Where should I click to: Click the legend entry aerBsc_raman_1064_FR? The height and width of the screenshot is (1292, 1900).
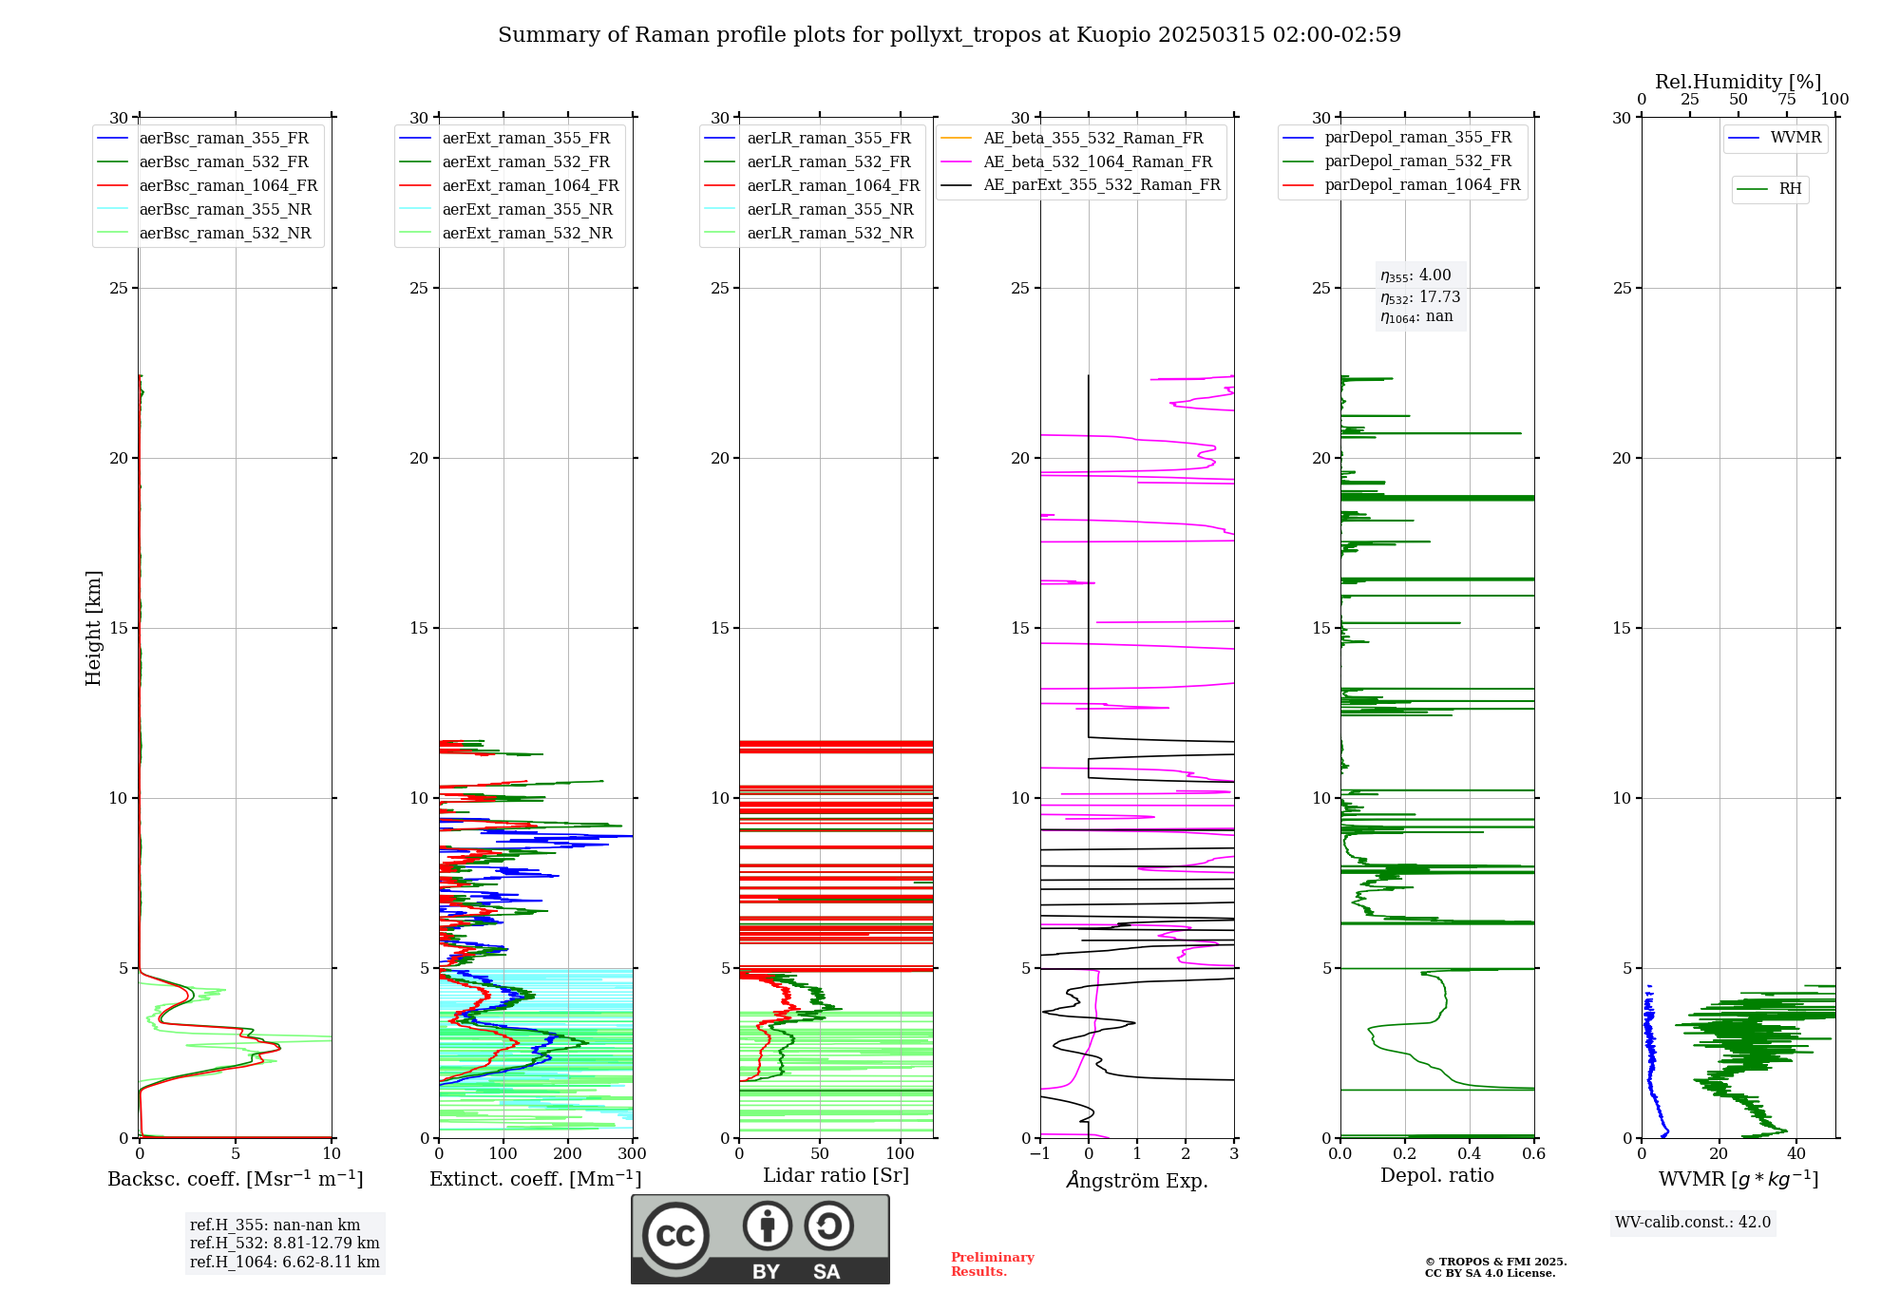point(228,186)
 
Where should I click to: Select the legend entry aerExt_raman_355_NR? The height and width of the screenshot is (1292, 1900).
point(527,210)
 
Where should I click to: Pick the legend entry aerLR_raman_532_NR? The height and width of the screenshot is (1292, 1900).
point(829,234)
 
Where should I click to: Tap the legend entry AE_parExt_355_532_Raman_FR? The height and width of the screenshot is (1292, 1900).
point(1101,185)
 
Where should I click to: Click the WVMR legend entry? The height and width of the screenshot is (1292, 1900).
point(1795,139)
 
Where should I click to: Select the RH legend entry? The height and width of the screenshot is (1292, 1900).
point(1790,189)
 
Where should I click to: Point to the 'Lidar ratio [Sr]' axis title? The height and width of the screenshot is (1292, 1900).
point(836,1176)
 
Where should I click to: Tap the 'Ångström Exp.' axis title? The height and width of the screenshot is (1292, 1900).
point(1137,1181)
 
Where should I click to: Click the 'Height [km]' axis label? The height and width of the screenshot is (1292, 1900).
point(93,628)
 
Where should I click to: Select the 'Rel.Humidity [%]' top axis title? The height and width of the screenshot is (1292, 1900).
point(1738,82)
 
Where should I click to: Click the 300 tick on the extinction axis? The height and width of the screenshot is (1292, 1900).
point(632,1154)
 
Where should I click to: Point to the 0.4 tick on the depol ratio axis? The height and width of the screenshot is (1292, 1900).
point(1470,1154)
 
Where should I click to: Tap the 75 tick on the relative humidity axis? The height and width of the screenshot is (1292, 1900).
point(1787,100)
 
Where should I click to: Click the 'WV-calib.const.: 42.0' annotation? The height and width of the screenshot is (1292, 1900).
point(1693,1223)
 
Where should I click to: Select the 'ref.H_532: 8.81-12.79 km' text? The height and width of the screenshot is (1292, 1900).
point(284,1244)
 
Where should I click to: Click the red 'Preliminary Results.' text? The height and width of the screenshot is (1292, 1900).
point(992,1264)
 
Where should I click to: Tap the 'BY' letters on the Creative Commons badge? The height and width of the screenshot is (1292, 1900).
point(766,1272)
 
